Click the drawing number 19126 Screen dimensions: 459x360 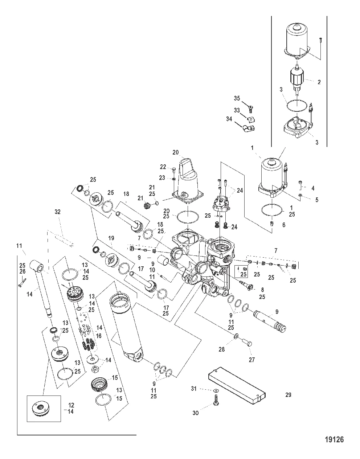click(333, 440)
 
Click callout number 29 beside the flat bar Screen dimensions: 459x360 click(289, 395)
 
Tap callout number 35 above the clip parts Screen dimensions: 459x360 click(237, 98)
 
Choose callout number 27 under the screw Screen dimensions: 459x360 click(251, 360)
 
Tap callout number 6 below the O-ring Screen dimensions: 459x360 click(283, 225)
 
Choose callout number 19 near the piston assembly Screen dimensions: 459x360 click(111, 238)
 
